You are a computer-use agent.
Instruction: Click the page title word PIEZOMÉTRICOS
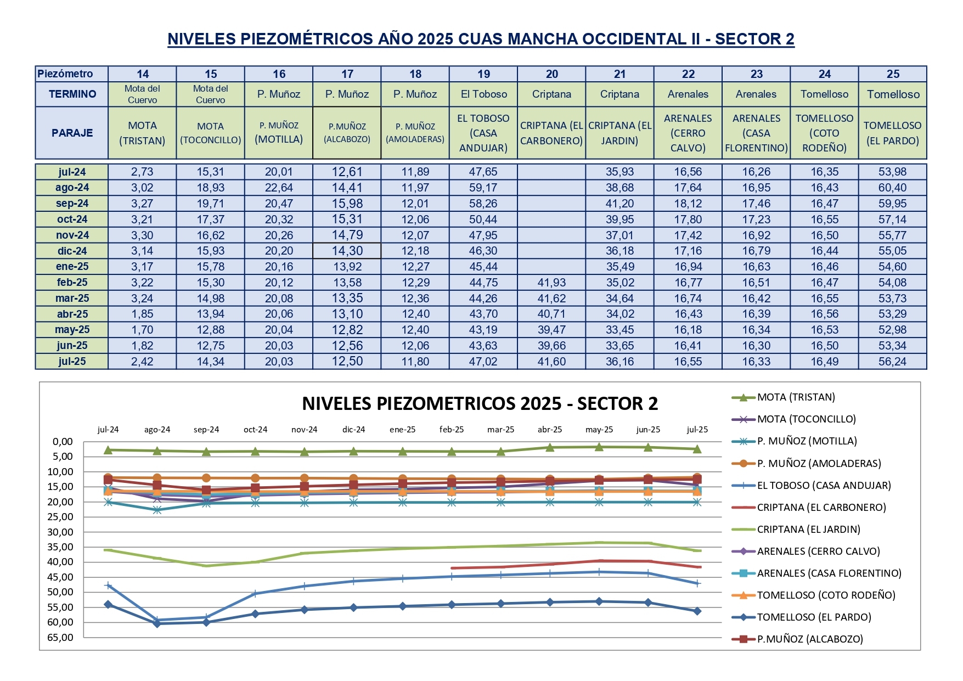[x=307, y=39]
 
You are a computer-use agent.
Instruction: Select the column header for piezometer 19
[x=483, y=74]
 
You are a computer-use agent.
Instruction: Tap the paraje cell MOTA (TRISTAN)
[x=142, y=133]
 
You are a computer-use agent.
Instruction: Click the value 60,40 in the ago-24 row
[x=892, y=188]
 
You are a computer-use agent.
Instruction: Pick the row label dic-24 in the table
[x=72, y=251]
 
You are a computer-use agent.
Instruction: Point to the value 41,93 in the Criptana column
[x=551, y=283]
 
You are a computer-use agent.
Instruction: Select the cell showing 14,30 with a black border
[x=347, y=251]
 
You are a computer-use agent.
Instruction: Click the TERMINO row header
[x=72, y=94]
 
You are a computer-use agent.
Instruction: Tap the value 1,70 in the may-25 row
[x=142, y=330]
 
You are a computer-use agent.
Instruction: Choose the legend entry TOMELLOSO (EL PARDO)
[x=814, y=617]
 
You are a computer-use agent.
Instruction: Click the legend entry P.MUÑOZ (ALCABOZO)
[x=810, y=639]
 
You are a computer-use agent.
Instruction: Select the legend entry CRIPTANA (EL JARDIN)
[x=808, y=530]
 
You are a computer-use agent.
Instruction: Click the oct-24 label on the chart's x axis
[x=255, y=430]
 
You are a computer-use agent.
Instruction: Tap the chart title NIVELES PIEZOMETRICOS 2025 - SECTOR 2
[x=480, y=404]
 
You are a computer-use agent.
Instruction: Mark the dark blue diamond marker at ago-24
[x=157, y=623]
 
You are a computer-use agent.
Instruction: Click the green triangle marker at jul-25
[x=697, y=449]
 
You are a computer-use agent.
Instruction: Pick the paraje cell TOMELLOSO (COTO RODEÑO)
[x=824, y=133]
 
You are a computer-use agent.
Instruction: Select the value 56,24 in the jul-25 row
[x=892, y=362]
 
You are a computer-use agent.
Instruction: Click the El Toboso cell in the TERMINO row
[x=483, y=94]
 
